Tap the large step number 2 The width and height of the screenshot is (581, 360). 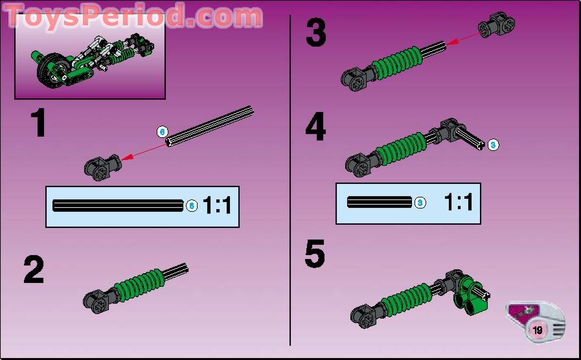pos(34,270)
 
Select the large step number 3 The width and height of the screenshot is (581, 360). pos(315,34)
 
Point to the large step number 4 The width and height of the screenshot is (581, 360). pos(315,128)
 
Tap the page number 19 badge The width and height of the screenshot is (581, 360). pos(538,330)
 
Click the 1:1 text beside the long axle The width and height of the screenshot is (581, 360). pos(217,206)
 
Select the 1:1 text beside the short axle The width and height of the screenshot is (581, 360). pos(458,202)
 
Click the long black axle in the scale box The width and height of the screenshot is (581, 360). pos(118,206)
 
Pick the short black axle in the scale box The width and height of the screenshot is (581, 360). pos(380,202)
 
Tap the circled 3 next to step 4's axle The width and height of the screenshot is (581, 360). pos(493,144)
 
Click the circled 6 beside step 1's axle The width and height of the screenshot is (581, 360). pos(162,131)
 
